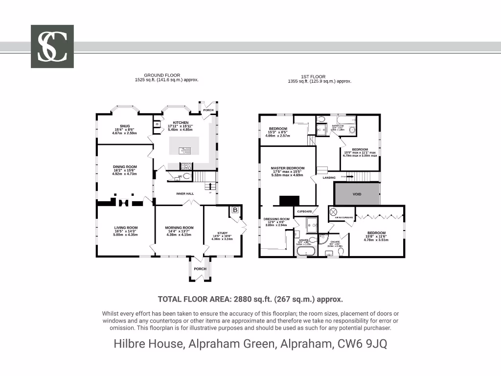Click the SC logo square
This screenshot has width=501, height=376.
(52, 47)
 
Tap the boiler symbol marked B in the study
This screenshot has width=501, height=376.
(235, 210)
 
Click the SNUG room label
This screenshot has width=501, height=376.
(117, 126)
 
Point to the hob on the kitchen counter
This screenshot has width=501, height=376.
(186, 165)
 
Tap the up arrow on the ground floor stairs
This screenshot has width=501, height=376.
(210, 186)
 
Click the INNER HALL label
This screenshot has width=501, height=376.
(185, 194)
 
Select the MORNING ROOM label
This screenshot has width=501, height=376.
(179, 228)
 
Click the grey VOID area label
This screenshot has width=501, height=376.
(357, 194)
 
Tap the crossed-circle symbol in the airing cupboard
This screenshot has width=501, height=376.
(334, 211)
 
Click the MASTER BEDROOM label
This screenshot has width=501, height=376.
(287, 168)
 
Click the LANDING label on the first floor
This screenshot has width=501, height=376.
(329, 178)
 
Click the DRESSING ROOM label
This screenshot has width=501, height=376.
(276, 219)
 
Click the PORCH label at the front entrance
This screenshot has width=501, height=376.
(200, 269)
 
